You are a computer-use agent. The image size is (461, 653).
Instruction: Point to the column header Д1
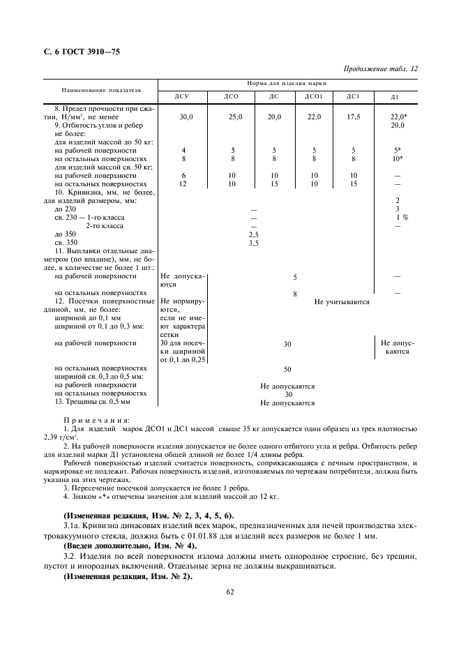pyautogui.click(x=395, y=96)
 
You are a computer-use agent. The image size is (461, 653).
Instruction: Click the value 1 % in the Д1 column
pyautogui.click(x=402, y=217)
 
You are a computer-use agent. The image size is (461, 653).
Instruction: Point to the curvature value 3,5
pyautogui.click(x=254, y=243)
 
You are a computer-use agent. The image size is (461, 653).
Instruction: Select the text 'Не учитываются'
pyautogui.click(x=342, y=301)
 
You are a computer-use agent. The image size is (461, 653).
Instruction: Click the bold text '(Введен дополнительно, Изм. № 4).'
pyautogui.click(x=130, y=545)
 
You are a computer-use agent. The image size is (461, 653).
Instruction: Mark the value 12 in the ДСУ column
pyautogui.click(x=183, y=183)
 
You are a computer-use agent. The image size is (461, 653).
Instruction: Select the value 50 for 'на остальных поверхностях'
pyautogui.click(x=287, y=368)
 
